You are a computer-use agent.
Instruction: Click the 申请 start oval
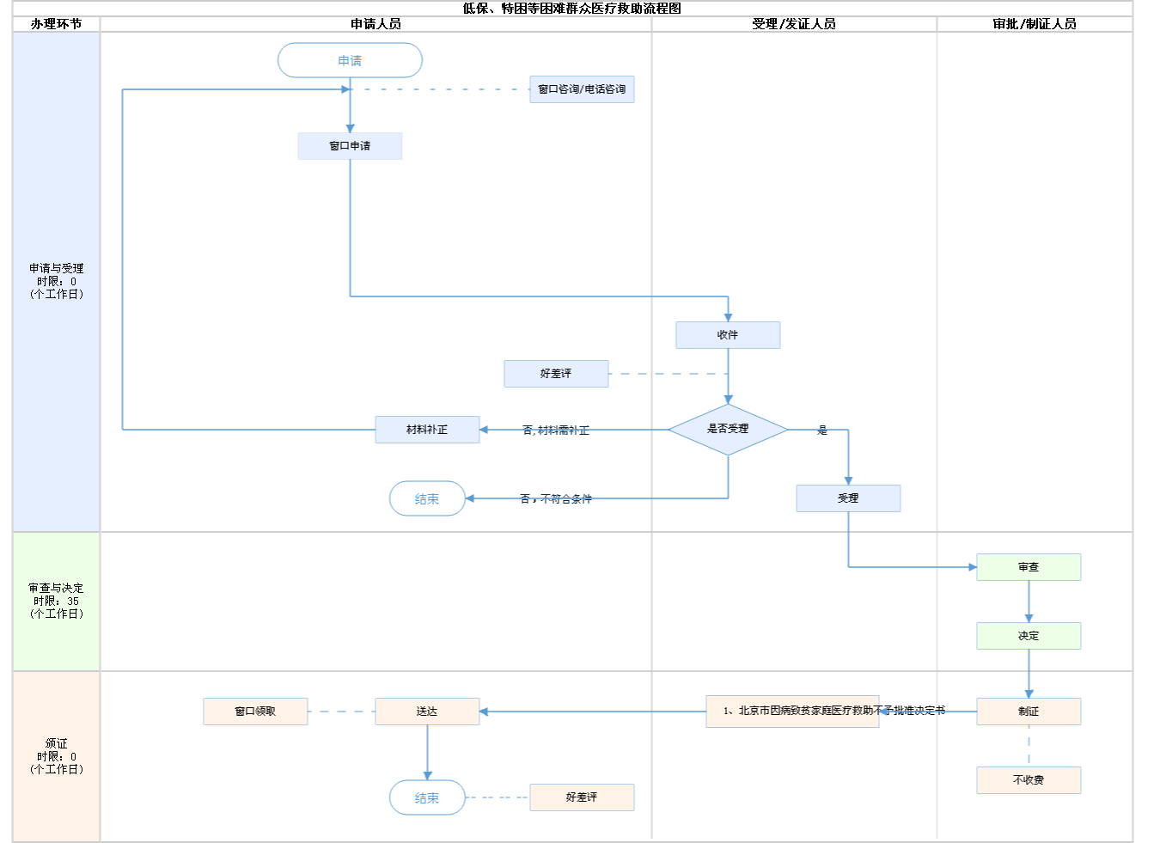tap(350, 60)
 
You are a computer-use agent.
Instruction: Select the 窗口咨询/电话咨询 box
tap(582, 89)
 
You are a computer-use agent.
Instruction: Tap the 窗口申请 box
tap(350, 146)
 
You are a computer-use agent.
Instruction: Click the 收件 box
tap(728, 335)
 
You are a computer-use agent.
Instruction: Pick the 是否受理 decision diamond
tap(728, 429)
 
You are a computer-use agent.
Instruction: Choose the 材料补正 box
tap(427, 430)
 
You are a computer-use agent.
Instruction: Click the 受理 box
tap(848, 498)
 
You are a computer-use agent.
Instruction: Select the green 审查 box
tap(1029, 567)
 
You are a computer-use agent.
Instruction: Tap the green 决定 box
tap(1029, 636)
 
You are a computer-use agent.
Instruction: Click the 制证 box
tap(1029, 712)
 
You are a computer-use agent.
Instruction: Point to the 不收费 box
tap(1029, 780)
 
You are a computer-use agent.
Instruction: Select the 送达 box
tap(427, 712)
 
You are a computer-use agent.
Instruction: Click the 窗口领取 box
tap(255, 712)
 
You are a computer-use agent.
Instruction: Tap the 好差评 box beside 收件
tap(556, 374)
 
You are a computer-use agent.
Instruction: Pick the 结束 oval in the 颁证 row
tap(427, 797)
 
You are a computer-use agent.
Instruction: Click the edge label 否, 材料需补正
tap(556, 431)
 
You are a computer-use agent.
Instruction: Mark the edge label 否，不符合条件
tap(556, 499)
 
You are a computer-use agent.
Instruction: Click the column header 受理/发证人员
tap(793, 24)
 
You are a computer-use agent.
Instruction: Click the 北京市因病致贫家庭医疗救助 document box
tap(792, 712)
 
